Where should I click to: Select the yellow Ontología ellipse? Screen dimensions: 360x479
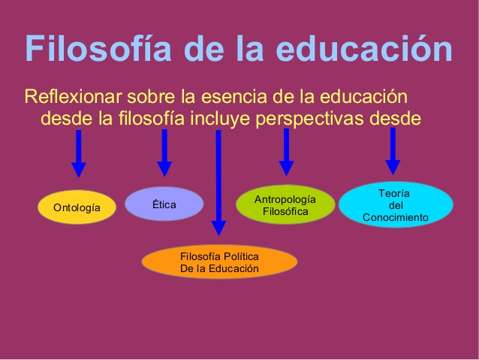[x=77, y=207]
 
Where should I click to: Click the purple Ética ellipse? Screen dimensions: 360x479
[x=164, y=204]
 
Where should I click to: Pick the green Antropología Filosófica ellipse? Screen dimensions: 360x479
[x=285, y=204]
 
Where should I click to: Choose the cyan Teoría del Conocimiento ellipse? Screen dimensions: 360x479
[x=395, y=205]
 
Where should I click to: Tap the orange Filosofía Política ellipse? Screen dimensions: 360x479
[x=219, y=262]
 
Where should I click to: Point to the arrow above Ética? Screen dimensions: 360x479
[x=164, y=153]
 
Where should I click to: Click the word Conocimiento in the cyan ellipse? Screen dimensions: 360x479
[x=395, y=218]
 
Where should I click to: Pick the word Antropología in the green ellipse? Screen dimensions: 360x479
[x=285, y=199]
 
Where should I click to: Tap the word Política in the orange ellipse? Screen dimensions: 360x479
[x=239, y=257]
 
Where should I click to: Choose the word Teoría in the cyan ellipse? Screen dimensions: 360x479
[x=394, y=193]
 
